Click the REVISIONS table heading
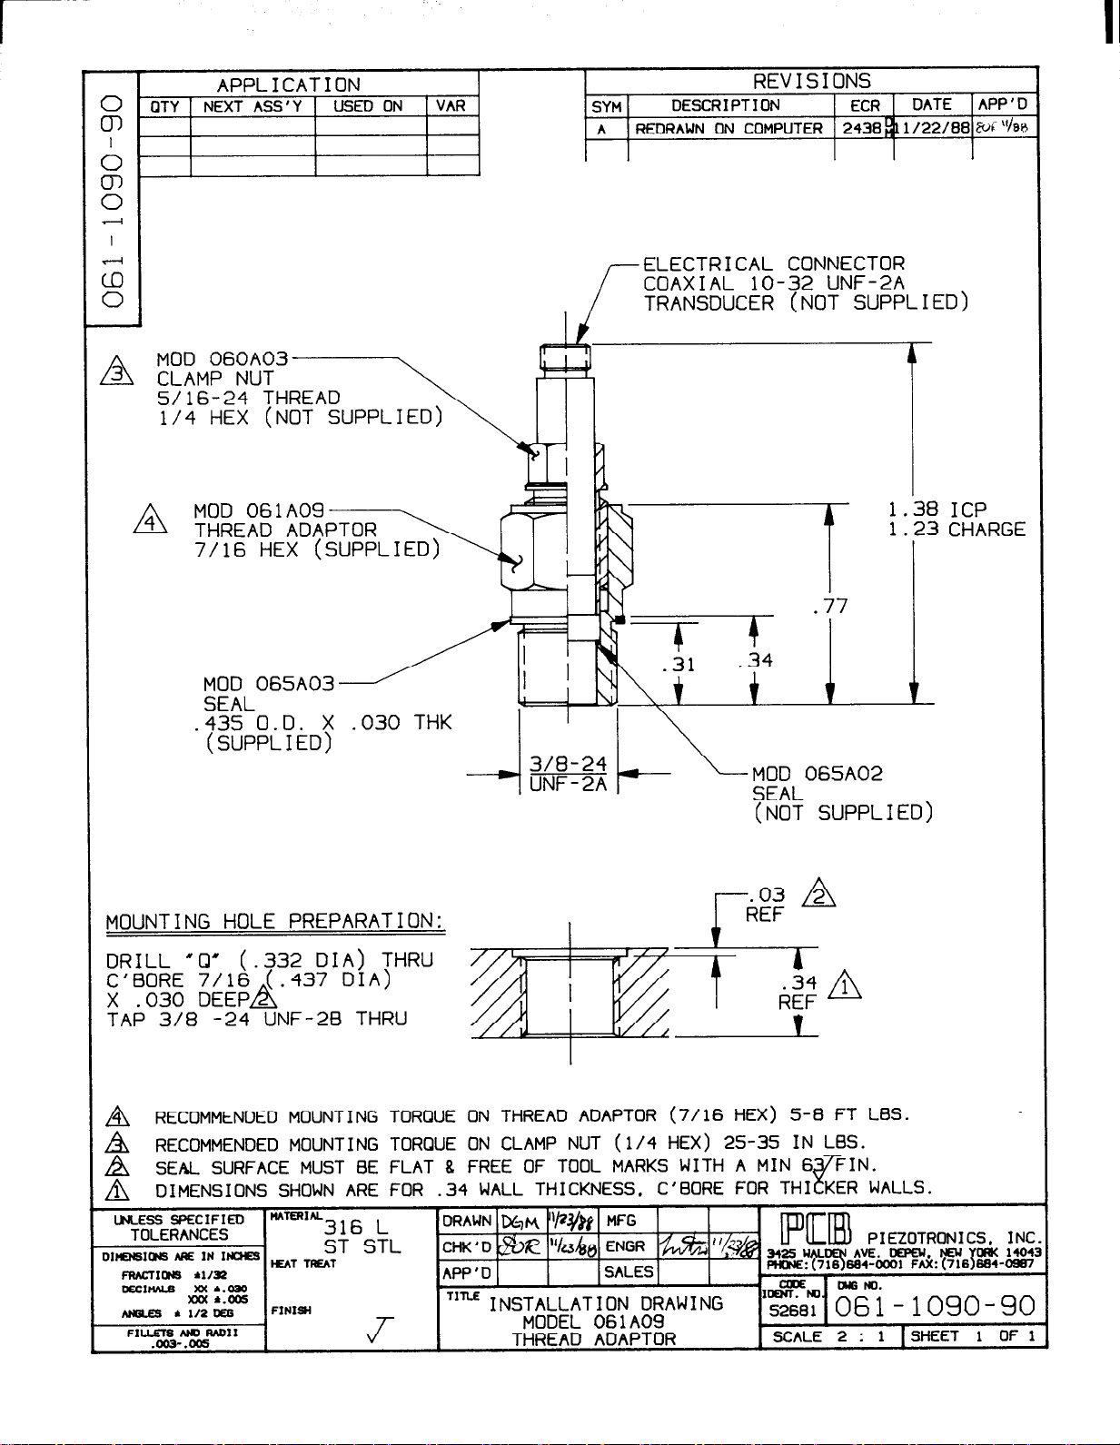[x=811, y=82]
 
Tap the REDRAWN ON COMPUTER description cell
[x=728, y=129]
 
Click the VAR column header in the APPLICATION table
[x=451, y=106]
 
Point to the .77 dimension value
[x=830, y=605]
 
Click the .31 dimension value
[x=679, y=664]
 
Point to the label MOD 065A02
[x=817, y=774]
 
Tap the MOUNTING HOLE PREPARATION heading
[x=275, y=922]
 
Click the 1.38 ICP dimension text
[x=937, y=510]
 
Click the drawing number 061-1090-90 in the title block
[x=934, y=1306]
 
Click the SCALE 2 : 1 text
[x=828, y=1337]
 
